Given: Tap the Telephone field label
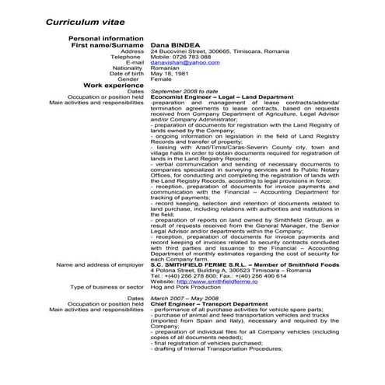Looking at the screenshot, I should [x=127, y=57].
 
